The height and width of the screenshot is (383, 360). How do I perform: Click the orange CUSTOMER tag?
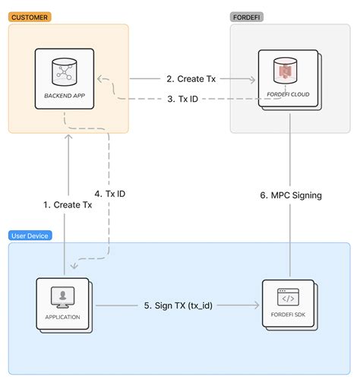coord(30,16)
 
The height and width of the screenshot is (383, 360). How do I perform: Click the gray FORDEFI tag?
coord(248,16)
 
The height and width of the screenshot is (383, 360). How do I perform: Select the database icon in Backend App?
coord(64,72)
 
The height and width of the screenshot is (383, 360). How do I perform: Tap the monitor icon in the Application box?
coord(62,296)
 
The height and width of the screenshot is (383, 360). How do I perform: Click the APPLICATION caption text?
coord(62,317)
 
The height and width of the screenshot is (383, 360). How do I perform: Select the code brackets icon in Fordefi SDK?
coord(288,296)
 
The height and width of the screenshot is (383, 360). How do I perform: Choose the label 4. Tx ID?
coord(110,194)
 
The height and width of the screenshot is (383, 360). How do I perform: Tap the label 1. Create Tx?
coord(68,205)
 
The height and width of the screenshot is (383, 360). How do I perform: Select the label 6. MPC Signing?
coord(291,195)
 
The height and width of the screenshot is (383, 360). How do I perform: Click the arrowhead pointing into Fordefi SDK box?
coord(256,305)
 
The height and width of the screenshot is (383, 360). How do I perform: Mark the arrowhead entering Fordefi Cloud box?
coord(252,78)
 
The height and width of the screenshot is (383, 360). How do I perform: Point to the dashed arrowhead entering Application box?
coord(71,267)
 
